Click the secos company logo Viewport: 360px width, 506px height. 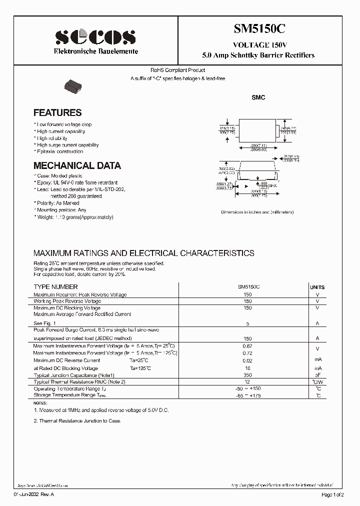click(95, 37)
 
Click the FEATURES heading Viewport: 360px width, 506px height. click(57, 113)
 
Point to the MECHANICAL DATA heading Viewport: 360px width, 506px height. click(77, 165)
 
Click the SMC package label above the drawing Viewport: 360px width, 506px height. click(258, 97)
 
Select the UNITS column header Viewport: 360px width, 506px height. click(317, 287)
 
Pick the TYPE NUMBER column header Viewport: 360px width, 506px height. click(55, 287)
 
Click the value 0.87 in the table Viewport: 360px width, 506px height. click(247, 346)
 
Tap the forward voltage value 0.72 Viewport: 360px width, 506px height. click(247, 353)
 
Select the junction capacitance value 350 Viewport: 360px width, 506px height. click(247, 375)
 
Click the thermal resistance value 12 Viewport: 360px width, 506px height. click(247, 381)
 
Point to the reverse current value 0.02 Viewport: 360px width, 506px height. click(247, 360)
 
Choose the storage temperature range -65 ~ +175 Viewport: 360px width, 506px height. click(247, 395)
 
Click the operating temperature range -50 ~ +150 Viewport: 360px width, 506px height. click(247, 388)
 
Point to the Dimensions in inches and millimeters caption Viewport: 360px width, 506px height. click(257, 212)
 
